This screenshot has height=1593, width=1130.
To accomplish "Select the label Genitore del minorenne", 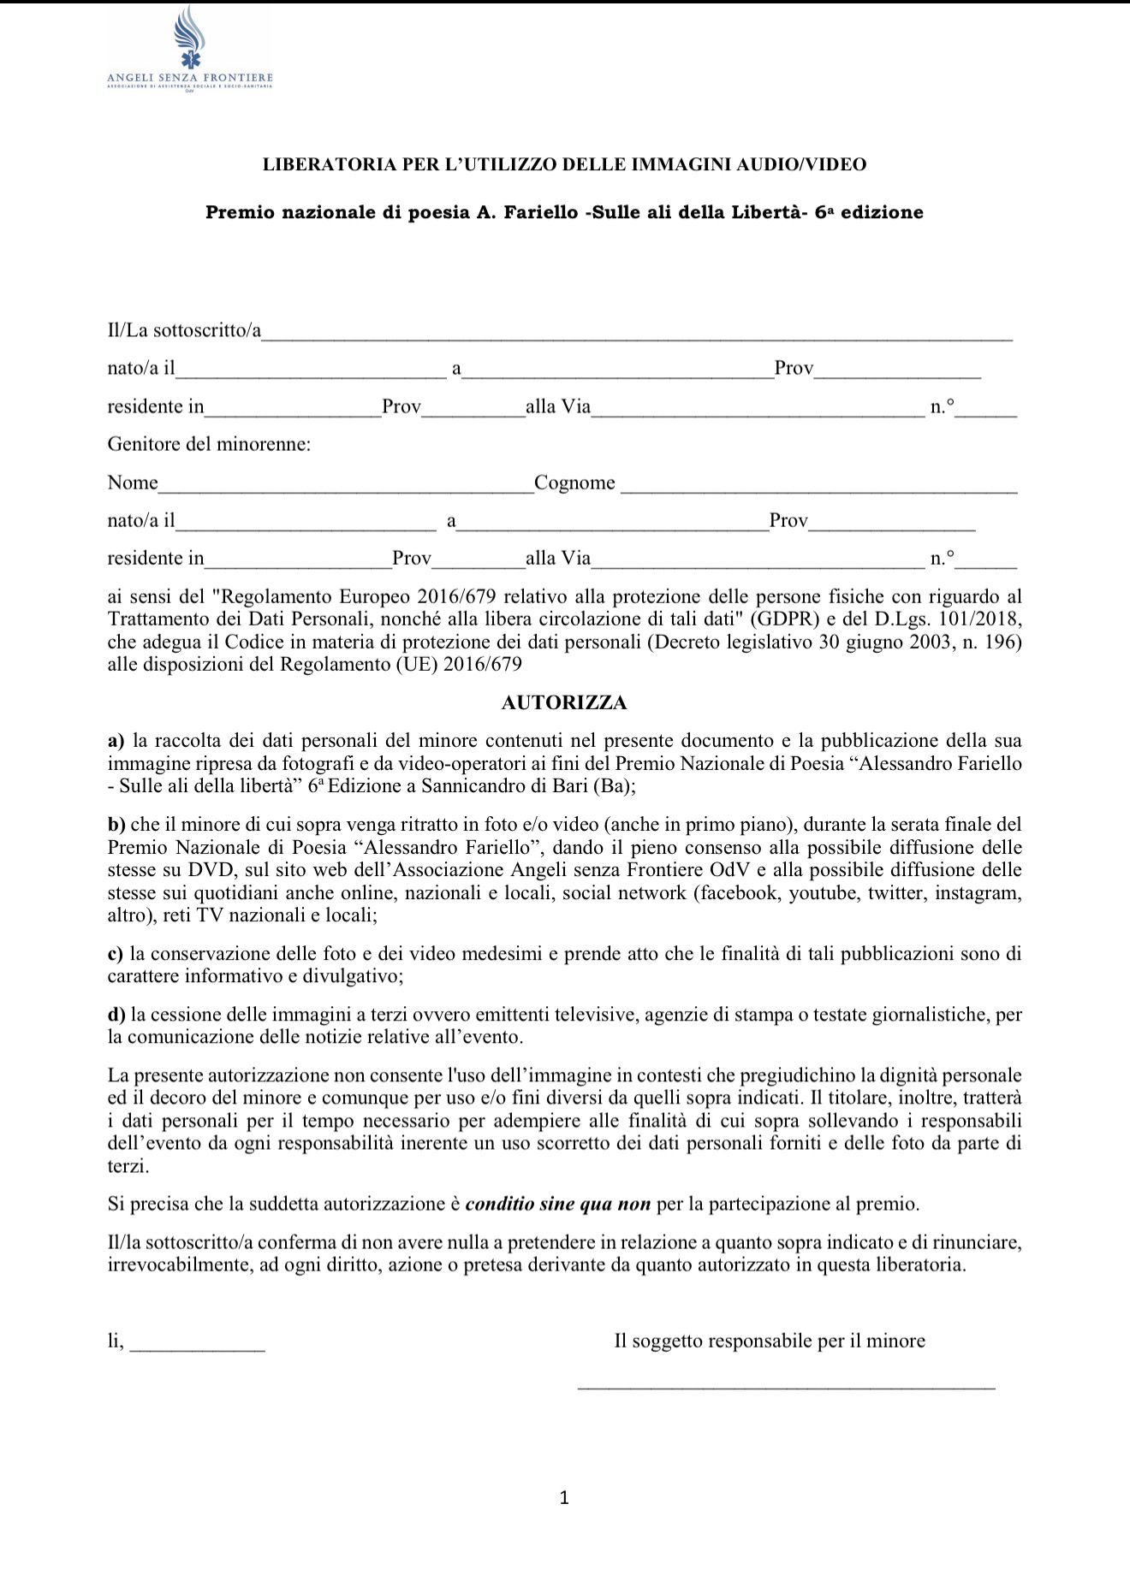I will [x=209, y=445].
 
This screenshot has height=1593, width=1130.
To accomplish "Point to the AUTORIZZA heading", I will [x=564, y=703].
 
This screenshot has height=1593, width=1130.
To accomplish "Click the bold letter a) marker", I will [x=116, y=741].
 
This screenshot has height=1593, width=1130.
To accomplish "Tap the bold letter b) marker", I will [x=117, y=825].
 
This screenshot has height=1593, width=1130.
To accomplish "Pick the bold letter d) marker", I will [x=117, y=1016].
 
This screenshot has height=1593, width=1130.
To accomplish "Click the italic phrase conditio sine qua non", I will [x=558, y=1205].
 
